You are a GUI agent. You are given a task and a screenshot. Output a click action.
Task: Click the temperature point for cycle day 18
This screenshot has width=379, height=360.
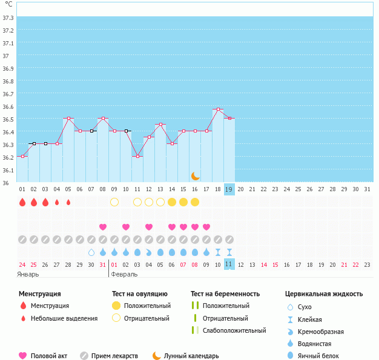218,109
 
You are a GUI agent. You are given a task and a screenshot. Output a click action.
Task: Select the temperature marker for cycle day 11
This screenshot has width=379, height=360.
137,156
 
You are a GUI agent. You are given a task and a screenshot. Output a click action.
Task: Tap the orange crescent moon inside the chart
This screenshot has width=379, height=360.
196,176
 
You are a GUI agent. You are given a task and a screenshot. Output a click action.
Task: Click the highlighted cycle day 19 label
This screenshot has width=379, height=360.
229,189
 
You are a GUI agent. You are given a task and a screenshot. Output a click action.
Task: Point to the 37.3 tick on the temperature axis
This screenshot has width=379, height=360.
8,18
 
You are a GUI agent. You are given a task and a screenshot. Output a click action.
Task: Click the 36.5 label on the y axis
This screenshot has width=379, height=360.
8,119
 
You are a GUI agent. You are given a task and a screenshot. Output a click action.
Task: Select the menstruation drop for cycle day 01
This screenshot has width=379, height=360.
22,202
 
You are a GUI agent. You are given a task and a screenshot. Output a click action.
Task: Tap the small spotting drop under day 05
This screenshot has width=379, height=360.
68,202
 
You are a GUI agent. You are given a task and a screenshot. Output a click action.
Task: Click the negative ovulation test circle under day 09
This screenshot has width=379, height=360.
114,202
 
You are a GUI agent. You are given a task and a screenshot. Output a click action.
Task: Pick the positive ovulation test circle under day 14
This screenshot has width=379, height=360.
172,202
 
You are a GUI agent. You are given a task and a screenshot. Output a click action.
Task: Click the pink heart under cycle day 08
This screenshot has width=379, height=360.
103,227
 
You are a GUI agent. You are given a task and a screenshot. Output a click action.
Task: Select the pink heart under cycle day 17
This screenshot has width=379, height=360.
206,227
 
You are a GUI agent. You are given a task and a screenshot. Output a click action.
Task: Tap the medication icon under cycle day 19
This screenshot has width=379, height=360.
229,240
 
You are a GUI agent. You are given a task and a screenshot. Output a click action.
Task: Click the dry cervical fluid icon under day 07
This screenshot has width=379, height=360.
91,252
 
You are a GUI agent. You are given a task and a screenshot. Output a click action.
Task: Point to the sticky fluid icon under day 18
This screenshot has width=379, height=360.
218,252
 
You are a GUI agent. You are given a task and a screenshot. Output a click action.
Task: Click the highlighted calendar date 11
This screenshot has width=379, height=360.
229,264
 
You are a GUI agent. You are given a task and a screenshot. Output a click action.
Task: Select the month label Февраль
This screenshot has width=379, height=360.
124,275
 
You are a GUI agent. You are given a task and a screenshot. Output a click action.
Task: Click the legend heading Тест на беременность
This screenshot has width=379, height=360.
225,294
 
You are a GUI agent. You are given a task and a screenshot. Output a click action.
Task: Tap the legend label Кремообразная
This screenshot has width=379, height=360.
321,332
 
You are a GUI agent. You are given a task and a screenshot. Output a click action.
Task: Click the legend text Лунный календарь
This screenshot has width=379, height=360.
191,356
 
